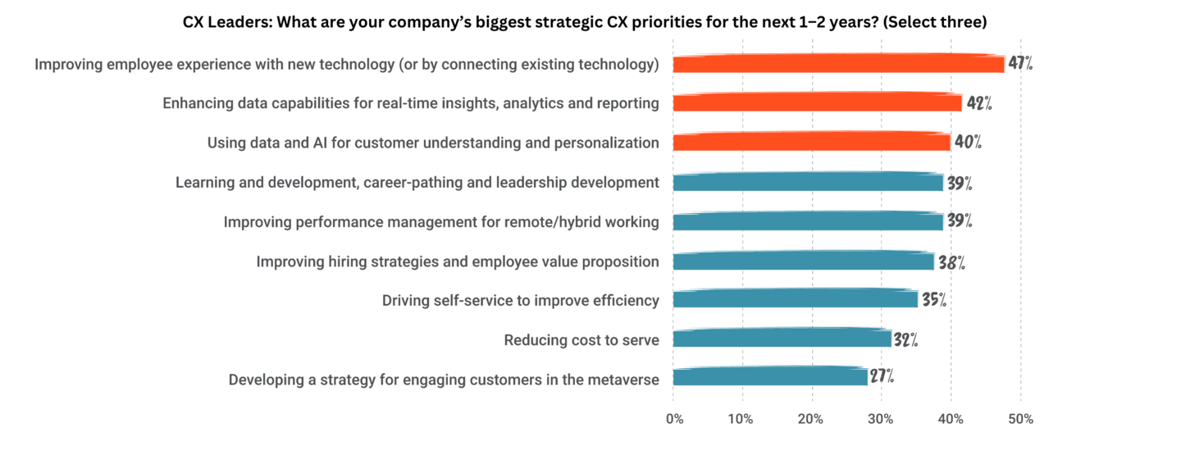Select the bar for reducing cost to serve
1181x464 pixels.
pyautogui.click(x=782, y=339)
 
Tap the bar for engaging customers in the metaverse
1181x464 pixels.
pyautogui.click(x=769, y=378)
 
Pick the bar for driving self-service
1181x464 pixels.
pyautogui.click(x=795, y=299)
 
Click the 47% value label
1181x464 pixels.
pyautogui.click(x=1020, y=63)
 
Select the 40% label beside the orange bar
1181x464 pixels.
pyautogui.click(x=968, y=142)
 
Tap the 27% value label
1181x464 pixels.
pyautogui.click(x=882, y=377)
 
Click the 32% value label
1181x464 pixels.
pyautogui.click(x=905, y=339)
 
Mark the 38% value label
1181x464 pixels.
pyautogui.click(x=951, y=262)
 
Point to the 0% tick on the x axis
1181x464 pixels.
pyautogui.click(x=673, y=419)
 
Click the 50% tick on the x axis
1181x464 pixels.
pyautogui.click(x=1020, y=419)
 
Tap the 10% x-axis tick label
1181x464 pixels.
pyautogui.click(x=742, y=419)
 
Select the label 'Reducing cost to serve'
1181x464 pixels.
pyautogui.click(x=581, y=339)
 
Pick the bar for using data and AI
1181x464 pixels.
pyautogui.click(x=811, y=142)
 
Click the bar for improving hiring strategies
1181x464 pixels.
pyautogui.click(x=803, y=261)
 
